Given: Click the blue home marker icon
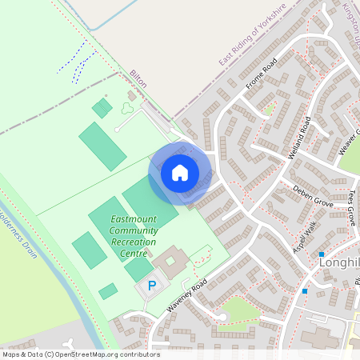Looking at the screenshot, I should (180, 172).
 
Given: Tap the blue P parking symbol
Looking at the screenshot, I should (152, 286).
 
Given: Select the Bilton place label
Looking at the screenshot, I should (139, 78).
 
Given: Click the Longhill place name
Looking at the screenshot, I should (341, 261).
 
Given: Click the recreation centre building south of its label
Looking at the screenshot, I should (171, 262).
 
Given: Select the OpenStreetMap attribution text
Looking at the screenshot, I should (82, 354).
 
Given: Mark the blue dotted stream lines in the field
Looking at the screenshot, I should (78, 62).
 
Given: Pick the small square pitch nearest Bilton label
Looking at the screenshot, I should (102, 107).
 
